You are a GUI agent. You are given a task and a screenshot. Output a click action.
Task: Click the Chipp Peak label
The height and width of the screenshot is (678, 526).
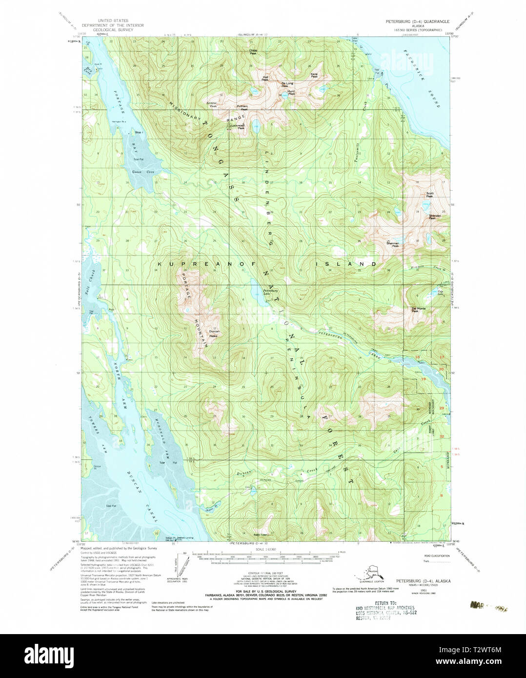(x=253, y=52)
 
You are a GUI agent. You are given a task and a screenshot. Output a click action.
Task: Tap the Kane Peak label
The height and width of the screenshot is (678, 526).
(x=314, y=76)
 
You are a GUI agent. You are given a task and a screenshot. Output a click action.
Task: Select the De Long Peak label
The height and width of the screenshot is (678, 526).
(x=287, y=84)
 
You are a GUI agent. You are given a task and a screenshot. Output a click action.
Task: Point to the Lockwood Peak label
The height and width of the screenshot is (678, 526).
(x=238, y=127)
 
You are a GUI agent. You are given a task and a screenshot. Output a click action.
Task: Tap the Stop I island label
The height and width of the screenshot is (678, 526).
(x=138, y=132)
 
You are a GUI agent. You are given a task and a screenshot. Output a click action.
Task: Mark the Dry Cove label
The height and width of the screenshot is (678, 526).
(x=88, y=71)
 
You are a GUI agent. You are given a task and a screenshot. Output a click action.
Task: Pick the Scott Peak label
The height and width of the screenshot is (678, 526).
(x=429, y=195)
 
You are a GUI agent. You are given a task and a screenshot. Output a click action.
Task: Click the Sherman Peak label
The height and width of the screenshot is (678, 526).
(x=392, y=244)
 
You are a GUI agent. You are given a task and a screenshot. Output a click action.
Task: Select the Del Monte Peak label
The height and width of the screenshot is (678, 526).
(x=418, y=310)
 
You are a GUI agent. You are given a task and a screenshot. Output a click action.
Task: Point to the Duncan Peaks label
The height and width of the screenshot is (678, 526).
(x=214, y=334)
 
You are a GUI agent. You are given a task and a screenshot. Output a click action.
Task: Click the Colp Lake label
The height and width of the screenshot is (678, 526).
(x=440, y=293)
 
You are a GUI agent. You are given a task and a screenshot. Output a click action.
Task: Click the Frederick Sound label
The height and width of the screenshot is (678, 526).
(x=421, y=80)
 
